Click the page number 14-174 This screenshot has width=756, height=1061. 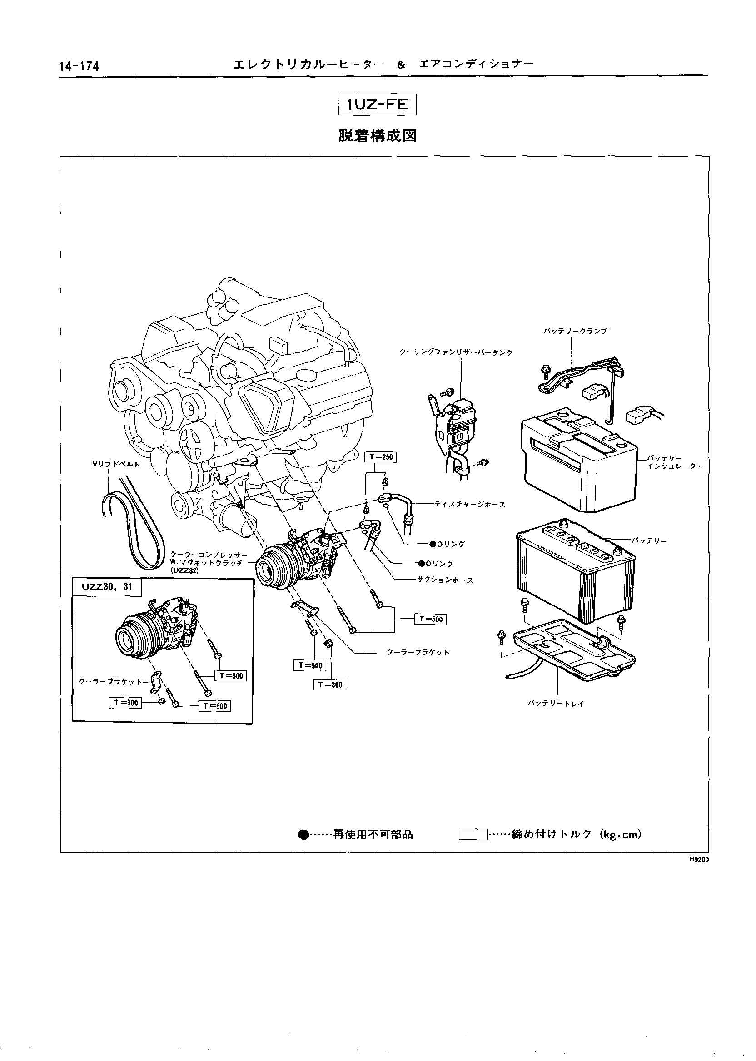click(79, 66)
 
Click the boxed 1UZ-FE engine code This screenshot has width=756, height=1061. click(377, 105)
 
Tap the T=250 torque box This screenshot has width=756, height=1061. click(380, 457)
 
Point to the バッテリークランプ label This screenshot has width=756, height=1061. click(575, 331)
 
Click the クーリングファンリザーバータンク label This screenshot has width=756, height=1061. click(456, 352)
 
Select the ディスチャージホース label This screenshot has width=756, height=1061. click(469, 504)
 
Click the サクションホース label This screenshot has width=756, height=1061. click(446, 580)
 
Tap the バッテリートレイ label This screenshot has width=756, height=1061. click(555, 704)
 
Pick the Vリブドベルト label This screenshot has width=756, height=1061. click(116, 464)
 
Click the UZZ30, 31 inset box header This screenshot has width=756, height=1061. click(107, 587)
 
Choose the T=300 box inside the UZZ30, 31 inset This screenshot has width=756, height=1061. click(125, 703)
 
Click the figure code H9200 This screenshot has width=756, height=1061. click(698, 860)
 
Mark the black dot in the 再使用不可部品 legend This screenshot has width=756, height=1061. click(303, 835)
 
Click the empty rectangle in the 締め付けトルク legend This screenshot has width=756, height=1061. click(472, 835)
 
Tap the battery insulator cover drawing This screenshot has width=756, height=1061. click(577, 458)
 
